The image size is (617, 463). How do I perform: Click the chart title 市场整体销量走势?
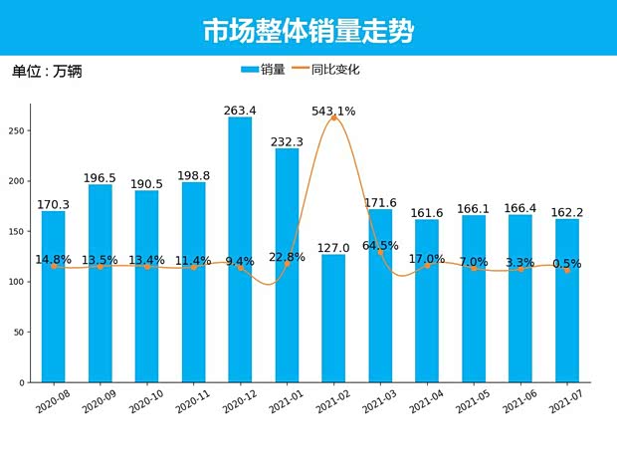(308, 31)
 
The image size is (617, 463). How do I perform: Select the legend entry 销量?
(263, 70)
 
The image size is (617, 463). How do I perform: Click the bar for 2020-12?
(240, 249)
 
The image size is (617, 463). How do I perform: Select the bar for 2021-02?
(333, 319)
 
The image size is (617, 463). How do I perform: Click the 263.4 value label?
(240, 111)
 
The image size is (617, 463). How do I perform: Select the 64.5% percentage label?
(380, 245)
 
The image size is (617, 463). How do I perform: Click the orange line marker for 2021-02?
(333, 117)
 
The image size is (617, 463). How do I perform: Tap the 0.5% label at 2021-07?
(567, 264)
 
